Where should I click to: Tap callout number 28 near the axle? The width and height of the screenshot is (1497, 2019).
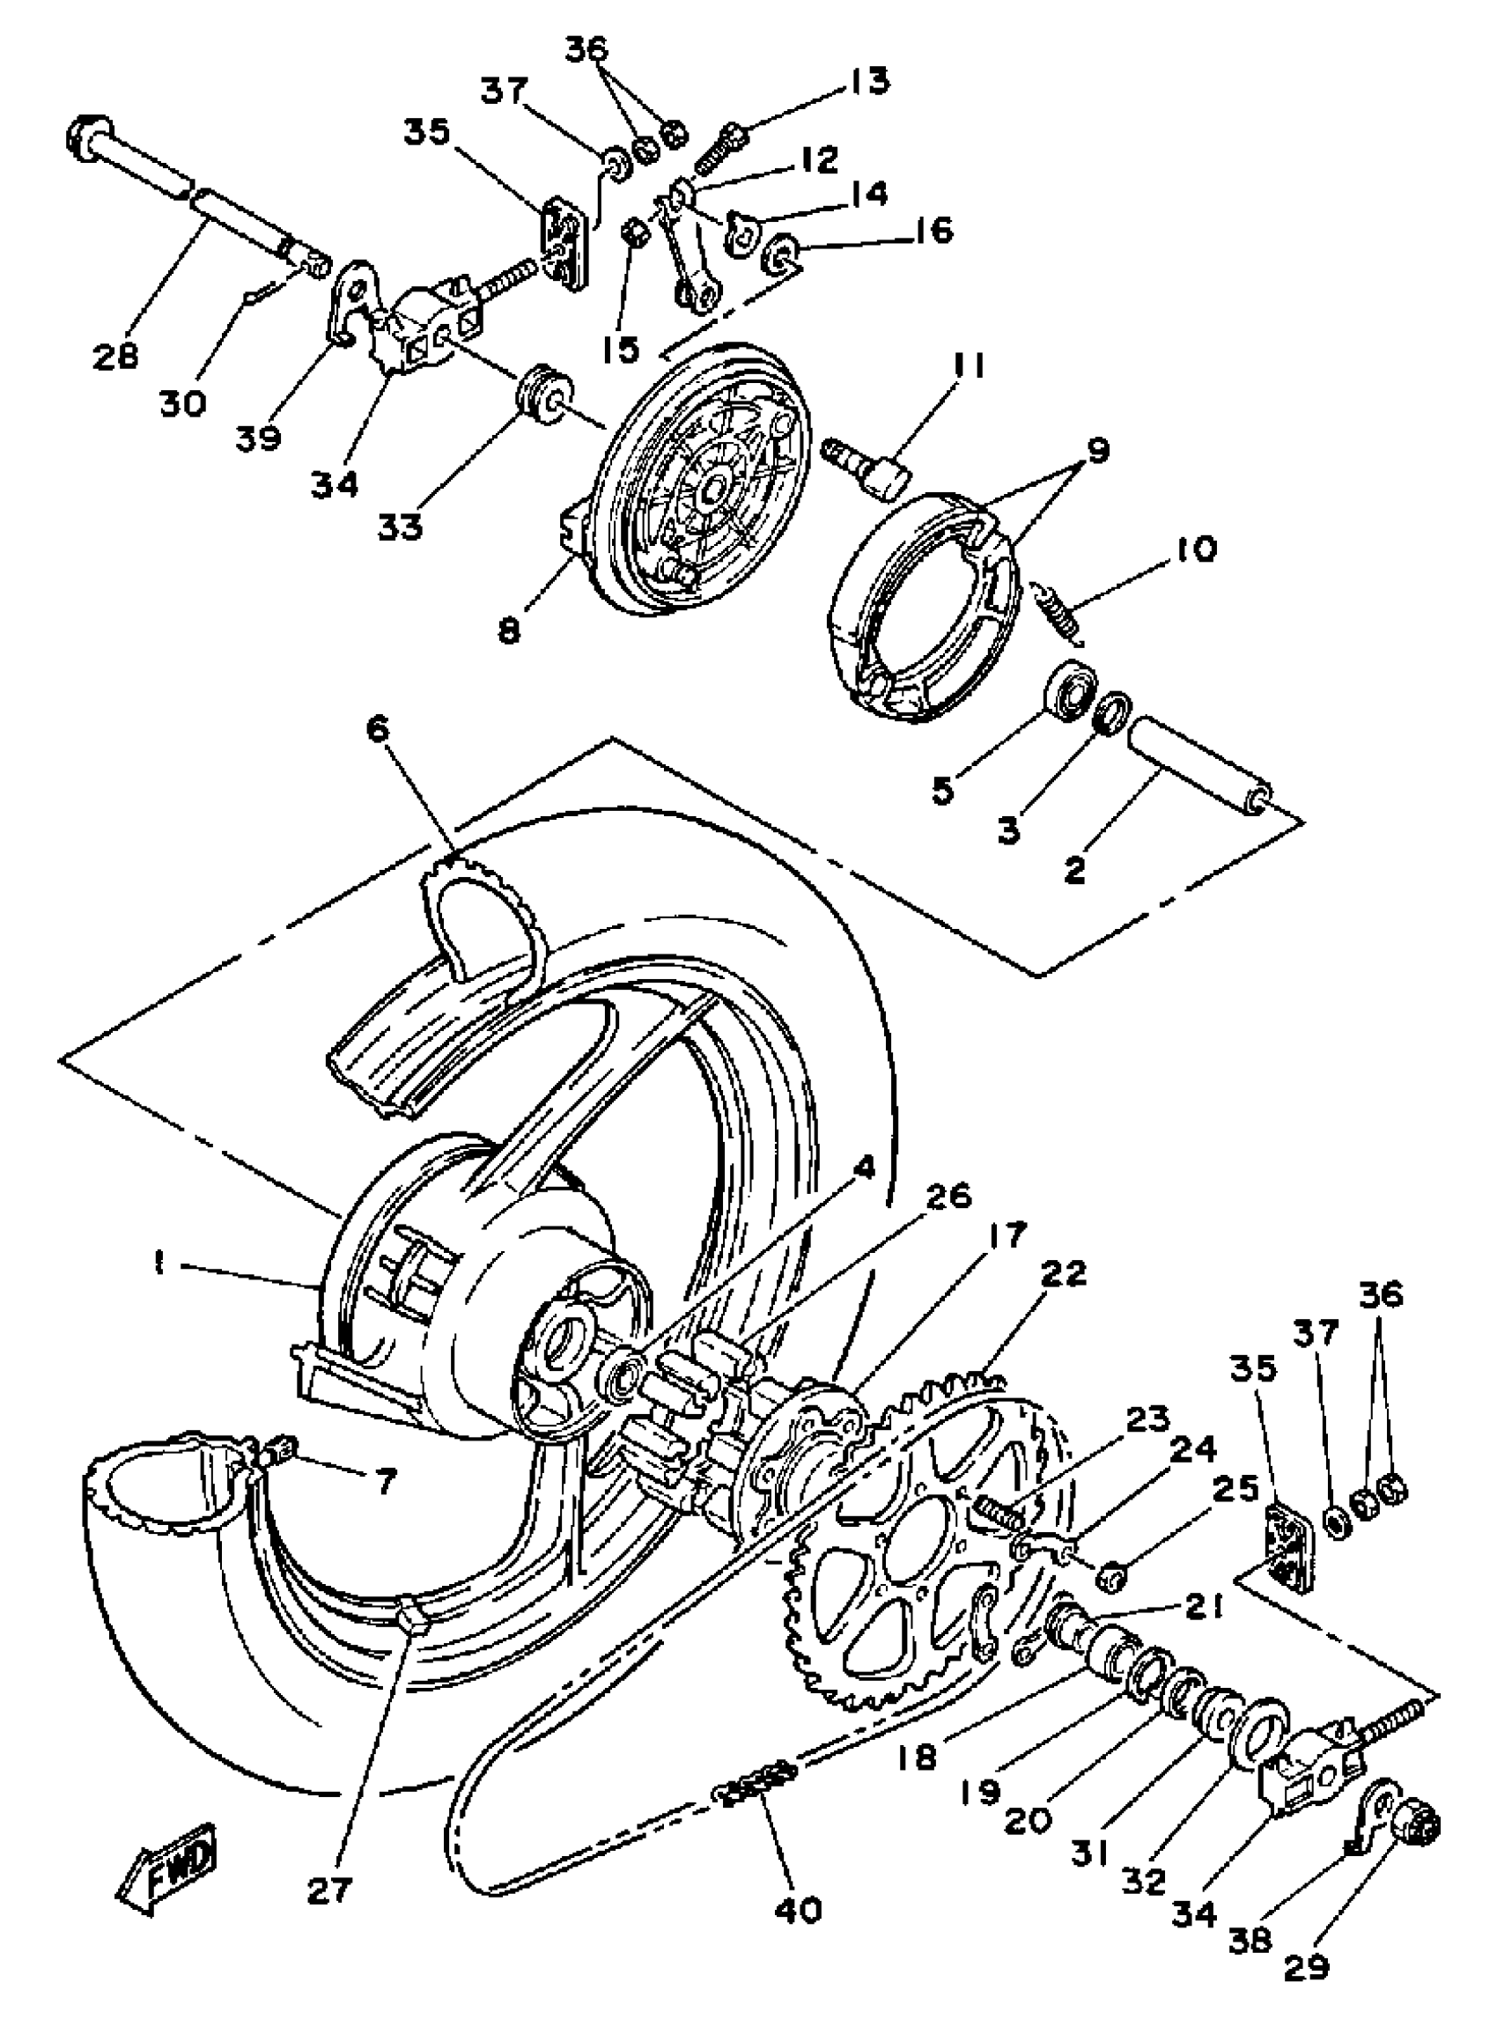tap(115, 355)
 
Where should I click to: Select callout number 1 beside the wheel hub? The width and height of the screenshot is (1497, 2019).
tap(160, 1264)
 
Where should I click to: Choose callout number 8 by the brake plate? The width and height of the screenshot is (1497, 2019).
tap(509, 630)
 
